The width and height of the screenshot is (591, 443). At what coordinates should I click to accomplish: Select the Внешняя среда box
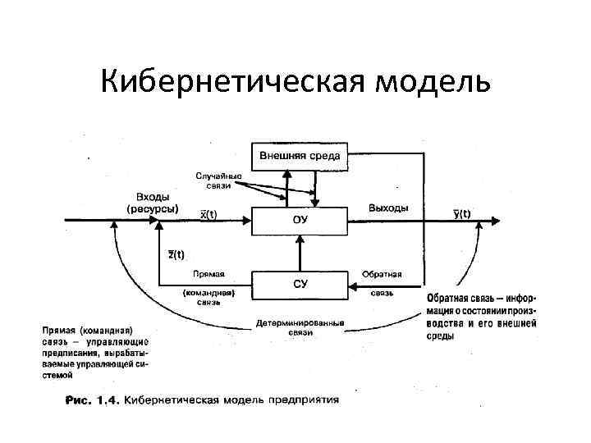300,156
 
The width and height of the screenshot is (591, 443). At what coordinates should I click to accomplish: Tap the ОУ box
300,220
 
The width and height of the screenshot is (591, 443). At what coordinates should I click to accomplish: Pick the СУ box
300,285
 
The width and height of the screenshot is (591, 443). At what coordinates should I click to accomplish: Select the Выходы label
388,208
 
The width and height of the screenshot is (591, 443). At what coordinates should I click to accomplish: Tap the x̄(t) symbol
209,215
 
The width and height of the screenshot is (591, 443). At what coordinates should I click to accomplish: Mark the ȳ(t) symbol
462,215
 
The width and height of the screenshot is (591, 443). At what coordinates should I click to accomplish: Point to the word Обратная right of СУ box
381,274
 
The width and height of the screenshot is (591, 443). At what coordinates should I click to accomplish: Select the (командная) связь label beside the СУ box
208,296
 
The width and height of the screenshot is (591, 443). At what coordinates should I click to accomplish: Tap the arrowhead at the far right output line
497,220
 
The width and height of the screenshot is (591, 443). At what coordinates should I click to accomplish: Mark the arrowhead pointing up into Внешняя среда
286,174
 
